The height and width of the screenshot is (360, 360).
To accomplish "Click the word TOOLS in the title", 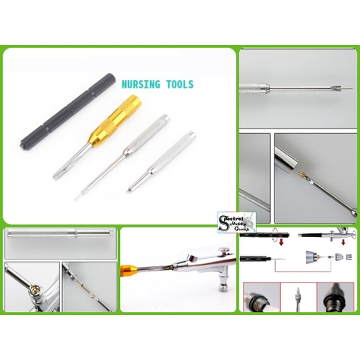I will [177, 85].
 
